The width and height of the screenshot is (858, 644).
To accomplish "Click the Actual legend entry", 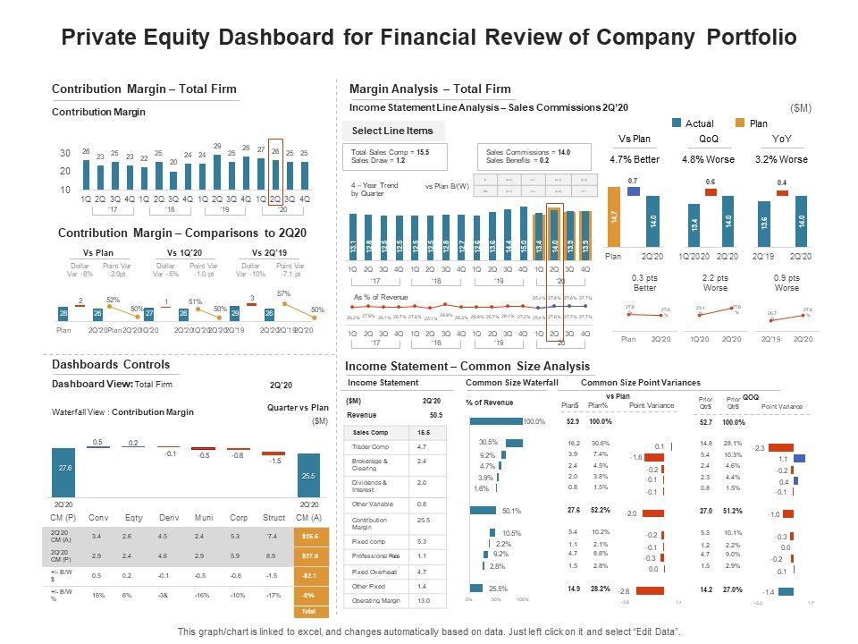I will tap(698, 123).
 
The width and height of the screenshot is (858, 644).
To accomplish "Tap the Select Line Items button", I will tap(393, 131).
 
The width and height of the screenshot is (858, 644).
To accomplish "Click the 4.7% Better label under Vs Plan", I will tap(635, 159).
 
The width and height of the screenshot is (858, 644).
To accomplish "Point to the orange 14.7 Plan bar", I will tap(614, 216).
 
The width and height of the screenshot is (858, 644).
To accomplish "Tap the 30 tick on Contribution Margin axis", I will tap(65, 153).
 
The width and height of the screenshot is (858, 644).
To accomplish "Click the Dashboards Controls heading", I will tap(111, 365).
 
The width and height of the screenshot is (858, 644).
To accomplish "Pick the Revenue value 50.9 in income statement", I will tap(436, 415).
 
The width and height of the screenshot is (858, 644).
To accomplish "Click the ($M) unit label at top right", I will tap(801, 108).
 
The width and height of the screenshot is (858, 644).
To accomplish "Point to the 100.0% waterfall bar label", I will tap(534, 421).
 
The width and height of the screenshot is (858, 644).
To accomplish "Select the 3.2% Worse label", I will tap(781, 159).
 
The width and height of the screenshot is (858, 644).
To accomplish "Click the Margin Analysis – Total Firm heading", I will tap(430, 89).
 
